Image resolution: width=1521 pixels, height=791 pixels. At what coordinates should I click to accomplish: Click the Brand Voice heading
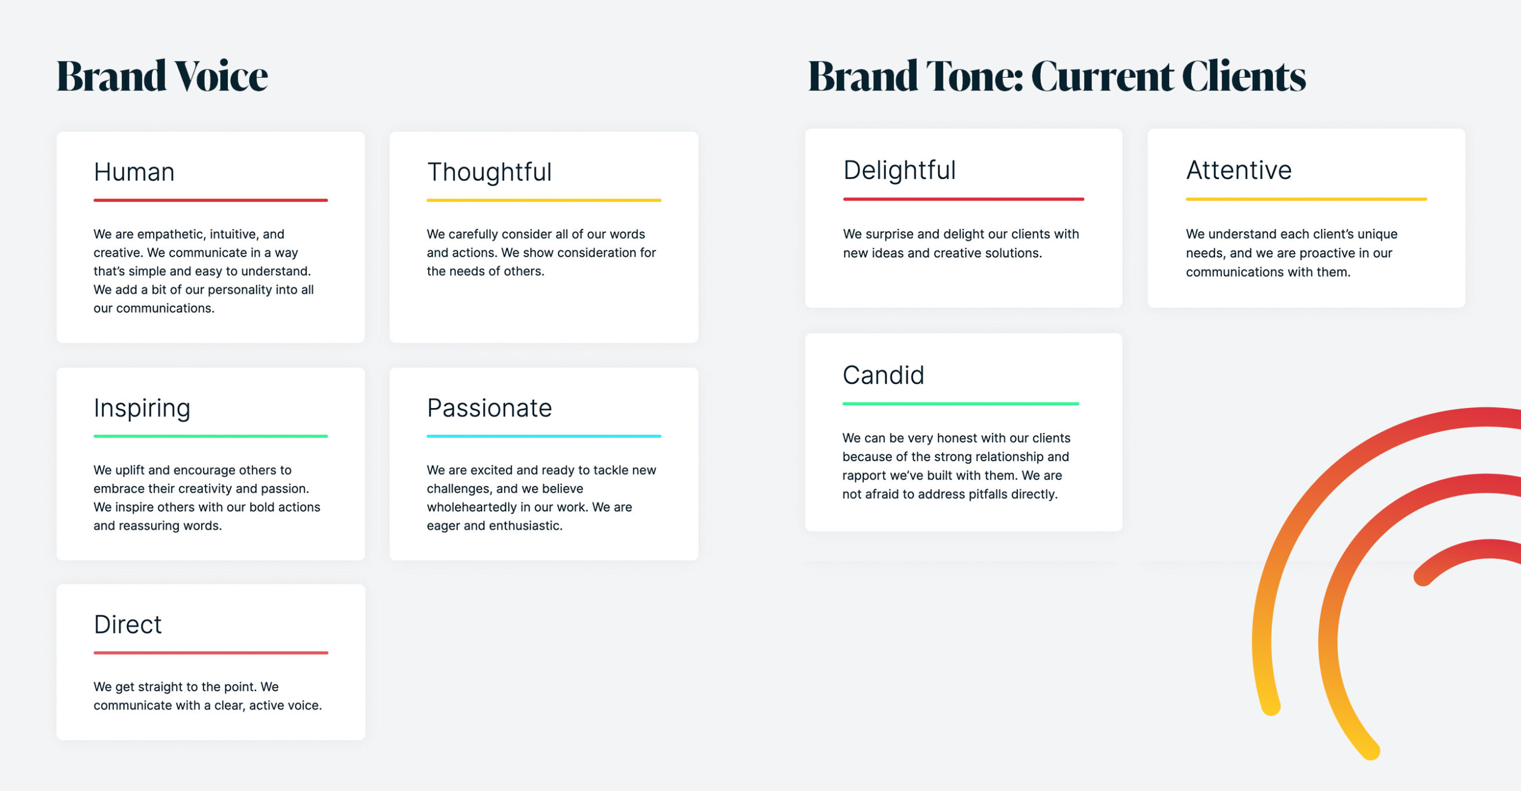tap(162, 75)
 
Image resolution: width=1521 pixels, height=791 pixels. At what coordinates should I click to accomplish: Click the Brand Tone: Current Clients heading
tap(1056, 75)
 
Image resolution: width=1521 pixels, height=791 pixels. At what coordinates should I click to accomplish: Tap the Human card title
tap(134, 172)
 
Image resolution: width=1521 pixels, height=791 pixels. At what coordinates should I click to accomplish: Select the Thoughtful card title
tap(489, 172)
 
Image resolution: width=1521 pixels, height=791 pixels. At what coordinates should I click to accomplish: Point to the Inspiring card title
tap(142, 408)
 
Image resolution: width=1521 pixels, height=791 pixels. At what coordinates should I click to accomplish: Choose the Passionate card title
tap(489, 408)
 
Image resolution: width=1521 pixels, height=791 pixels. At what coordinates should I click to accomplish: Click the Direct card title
tap(127, 625)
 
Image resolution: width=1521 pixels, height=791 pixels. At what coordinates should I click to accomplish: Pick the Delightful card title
tap(899, 170)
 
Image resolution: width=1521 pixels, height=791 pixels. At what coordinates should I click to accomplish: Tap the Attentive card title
tap(1239, 170)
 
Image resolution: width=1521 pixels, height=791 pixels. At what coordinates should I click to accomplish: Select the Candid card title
tap(883, 375)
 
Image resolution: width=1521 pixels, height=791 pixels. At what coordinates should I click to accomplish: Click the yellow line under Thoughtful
tap(544, 200)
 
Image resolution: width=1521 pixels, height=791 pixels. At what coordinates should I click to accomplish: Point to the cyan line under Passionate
tap(544, 436)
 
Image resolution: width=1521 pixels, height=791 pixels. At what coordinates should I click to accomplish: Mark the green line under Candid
tap(961, 404)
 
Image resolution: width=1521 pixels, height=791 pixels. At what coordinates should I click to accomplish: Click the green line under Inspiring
tap(211, 436)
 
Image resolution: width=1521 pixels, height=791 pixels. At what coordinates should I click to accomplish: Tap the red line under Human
tap(211, 200)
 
